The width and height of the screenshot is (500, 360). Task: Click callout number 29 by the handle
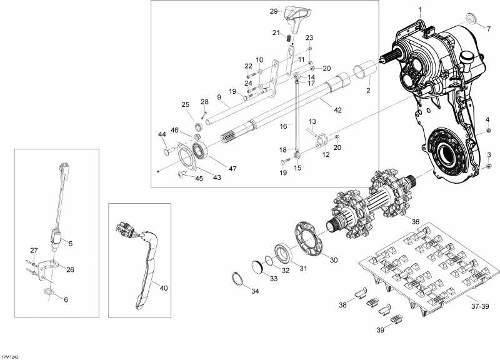(273, 11)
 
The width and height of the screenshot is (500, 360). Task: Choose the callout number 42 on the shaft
(338, 110)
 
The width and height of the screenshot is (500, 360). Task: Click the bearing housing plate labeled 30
(307, 240)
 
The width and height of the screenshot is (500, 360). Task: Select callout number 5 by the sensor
(71, 243)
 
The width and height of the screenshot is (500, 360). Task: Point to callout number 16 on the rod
(282, 126)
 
